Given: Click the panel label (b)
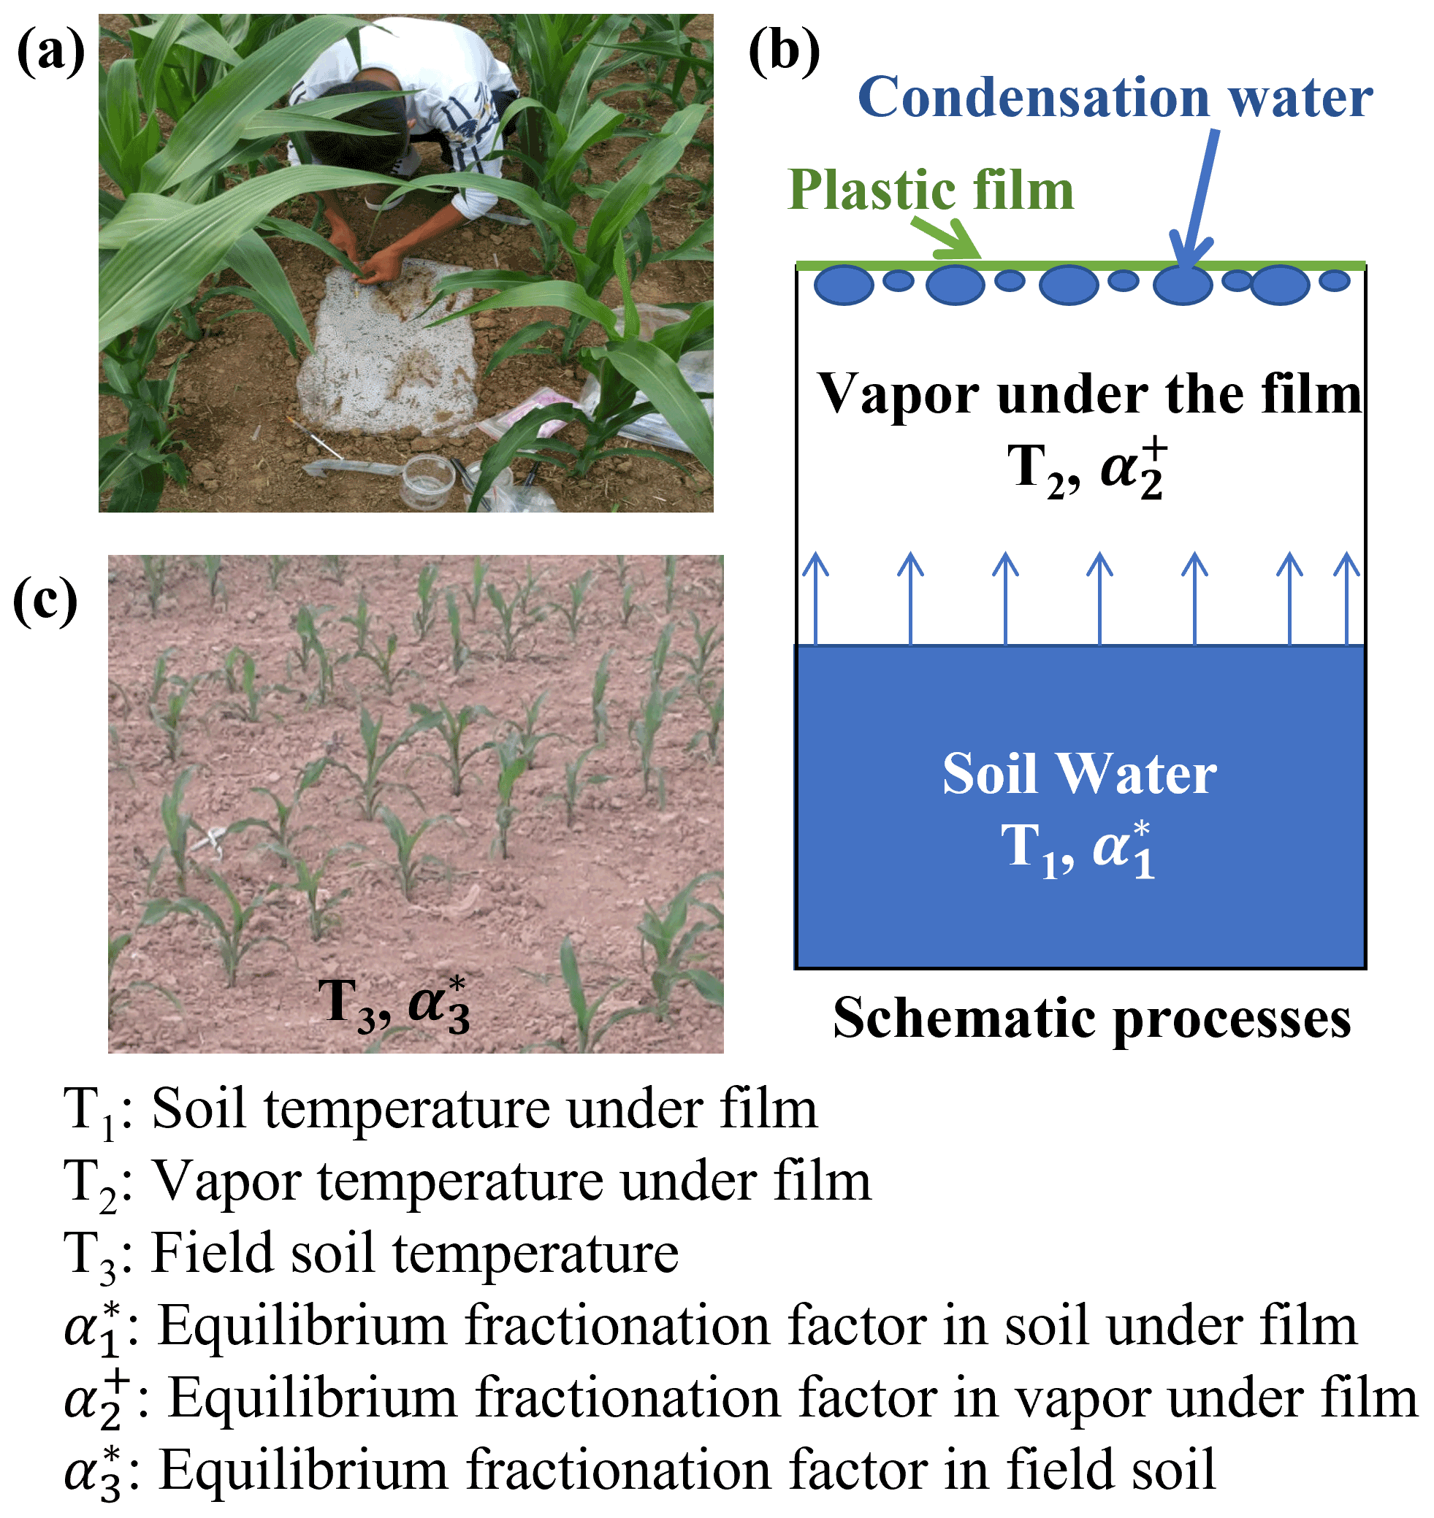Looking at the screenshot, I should pos(784,53).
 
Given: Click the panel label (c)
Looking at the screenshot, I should pos(46,602).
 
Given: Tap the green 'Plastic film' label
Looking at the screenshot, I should pos(930,191).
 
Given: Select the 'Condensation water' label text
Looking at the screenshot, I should pos(1115,99).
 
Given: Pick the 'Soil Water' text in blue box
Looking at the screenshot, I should pos(1078,775).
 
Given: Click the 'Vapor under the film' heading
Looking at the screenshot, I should pos(1089,395).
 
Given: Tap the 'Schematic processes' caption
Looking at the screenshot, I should pos(1091,1019).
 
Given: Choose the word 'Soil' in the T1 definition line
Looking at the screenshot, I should pos(199,1109).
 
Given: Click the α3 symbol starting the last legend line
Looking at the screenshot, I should pos(92,1471).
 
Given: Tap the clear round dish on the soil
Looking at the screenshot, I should pos(428,480).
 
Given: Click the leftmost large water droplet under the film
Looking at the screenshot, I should pos(843,285).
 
